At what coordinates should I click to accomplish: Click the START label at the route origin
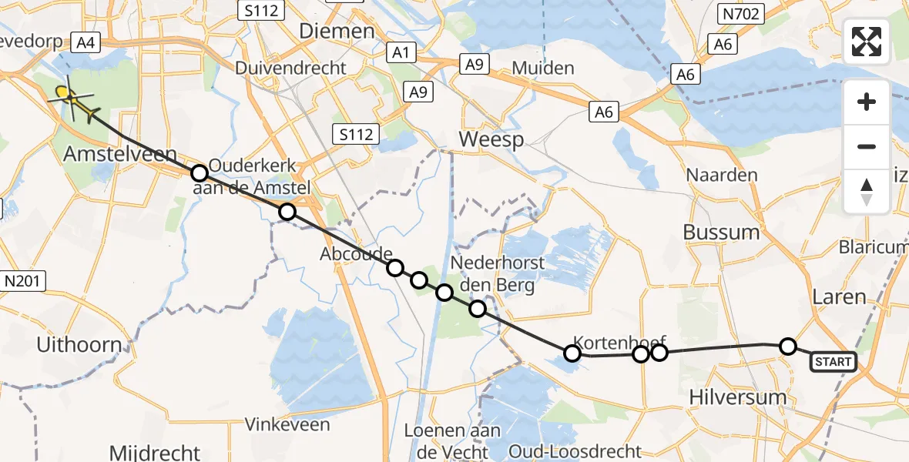(833, 362)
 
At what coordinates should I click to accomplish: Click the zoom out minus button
(867, 146)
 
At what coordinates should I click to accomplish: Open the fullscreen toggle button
(867, 42)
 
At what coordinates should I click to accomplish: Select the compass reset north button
(867, 190)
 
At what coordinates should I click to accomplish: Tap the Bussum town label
(720, 232)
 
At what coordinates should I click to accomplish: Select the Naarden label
(722, 175)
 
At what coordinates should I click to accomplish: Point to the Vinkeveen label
(287, 424)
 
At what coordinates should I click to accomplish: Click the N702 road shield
(741, 14)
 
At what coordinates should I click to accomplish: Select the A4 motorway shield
(85, 42)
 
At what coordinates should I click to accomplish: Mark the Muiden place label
(543, 68)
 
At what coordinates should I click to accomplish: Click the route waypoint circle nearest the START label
(788, 346)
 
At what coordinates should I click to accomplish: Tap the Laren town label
(839, 296)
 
